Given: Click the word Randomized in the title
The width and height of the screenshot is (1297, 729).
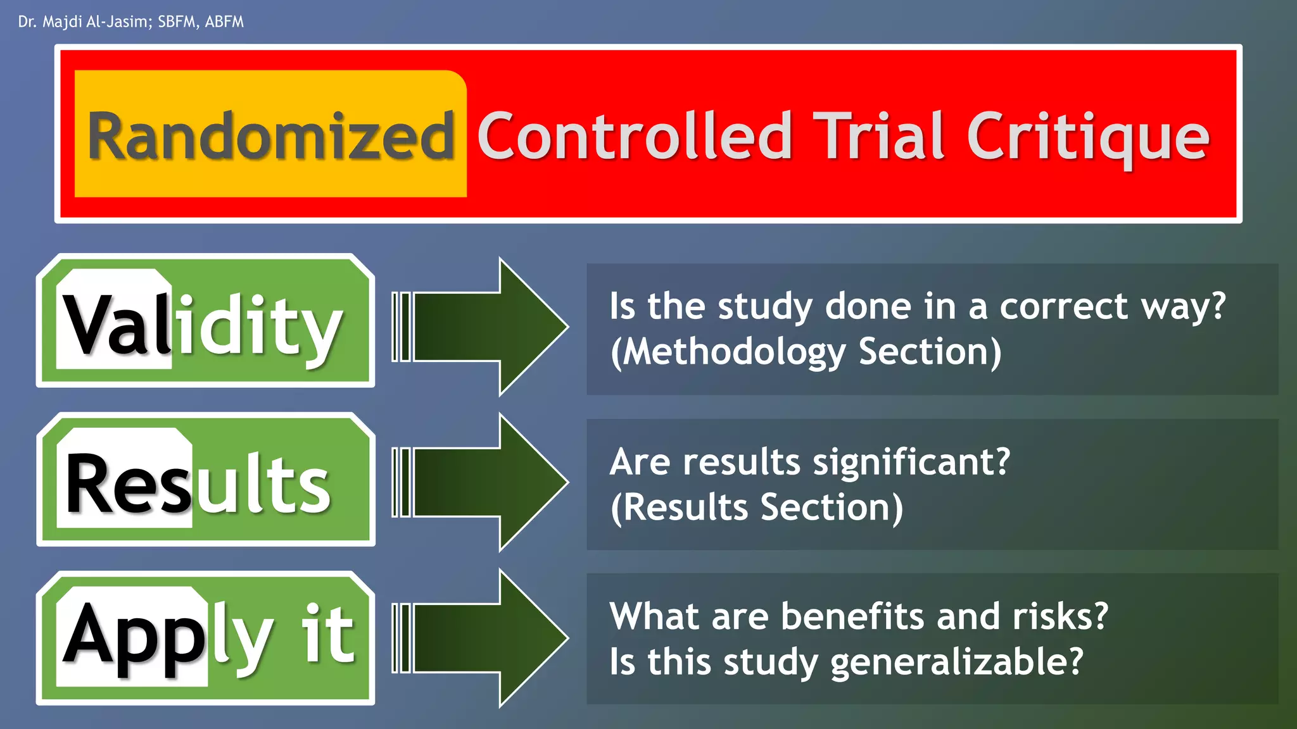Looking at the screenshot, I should coord(271,136).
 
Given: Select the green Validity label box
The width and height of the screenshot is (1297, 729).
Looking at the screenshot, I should coord(205,321).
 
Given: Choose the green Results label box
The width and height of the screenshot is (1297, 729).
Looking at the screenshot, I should coord(205,480).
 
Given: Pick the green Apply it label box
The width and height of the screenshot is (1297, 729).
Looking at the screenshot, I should coord(205,638).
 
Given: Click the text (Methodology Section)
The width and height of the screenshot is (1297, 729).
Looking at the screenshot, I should coord(806,352).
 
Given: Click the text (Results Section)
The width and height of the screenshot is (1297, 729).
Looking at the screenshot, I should coord(756,508).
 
